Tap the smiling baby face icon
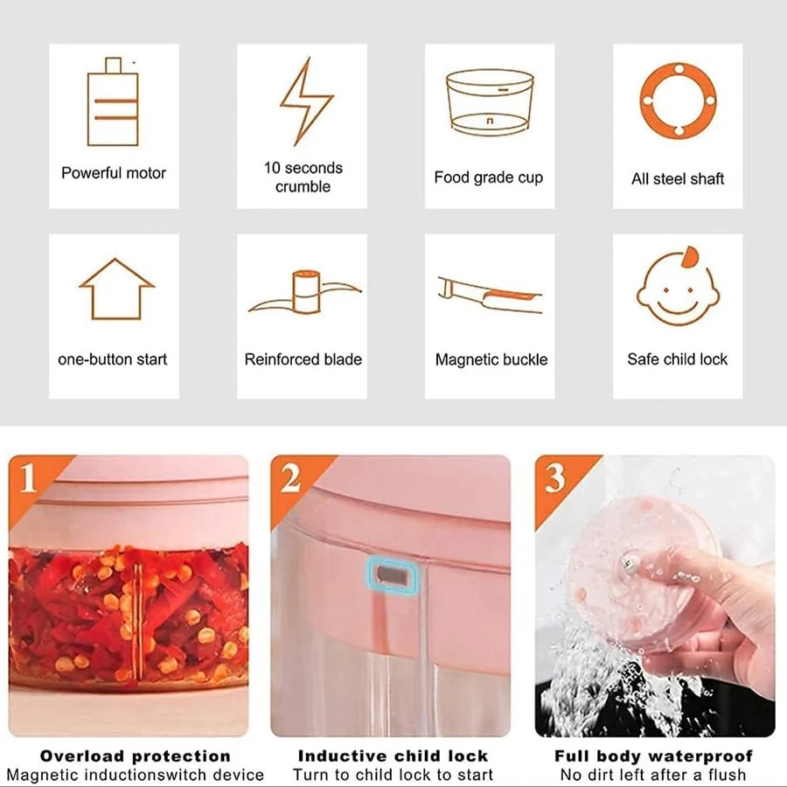[x=678, y=287]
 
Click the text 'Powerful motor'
[x=114, y=173]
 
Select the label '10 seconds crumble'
[x=303, y=178]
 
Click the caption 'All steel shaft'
[x=678, y=178]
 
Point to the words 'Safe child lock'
[x=677, y=359]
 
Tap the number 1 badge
[x=29, y=477]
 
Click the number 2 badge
[x=290, y=477]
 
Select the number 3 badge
[x=554, y=477]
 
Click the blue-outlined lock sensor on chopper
[x=393, y=575]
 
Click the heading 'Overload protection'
[x=135, y=756]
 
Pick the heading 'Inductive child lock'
[x=393, y=756]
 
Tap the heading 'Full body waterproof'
[x=653, y=756]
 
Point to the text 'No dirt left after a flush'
[x=653, y=775]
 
